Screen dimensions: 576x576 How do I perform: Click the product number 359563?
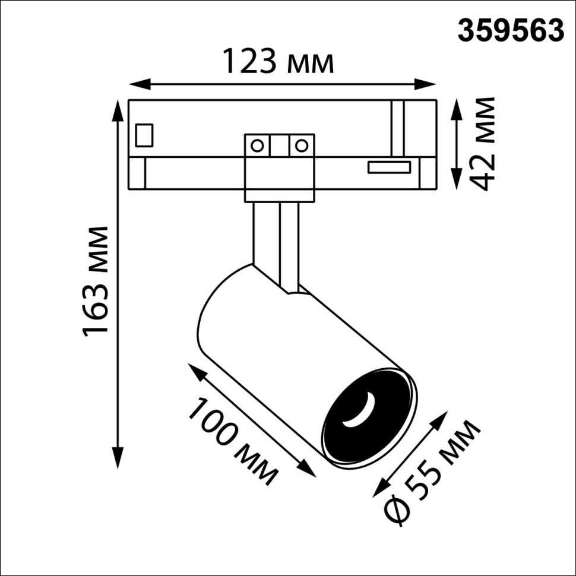[x=510, y=30]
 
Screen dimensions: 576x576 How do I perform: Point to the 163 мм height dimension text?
[x=96, y=280]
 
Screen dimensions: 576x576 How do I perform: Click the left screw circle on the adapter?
[x=257, y=145]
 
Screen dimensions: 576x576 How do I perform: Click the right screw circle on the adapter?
[x=302, y=145]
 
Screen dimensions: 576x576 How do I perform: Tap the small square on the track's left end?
[x=144, y=135]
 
